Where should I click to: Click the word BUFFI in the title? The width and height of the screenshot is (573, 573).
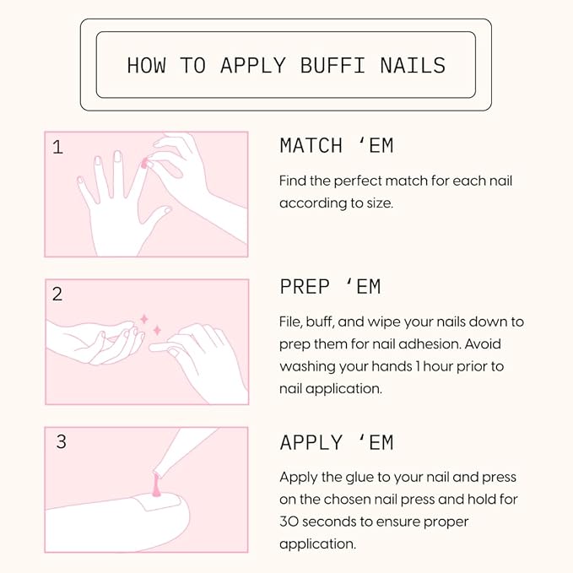coord(332,66)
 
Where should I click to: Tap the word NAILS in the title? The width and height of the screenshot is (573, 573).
coord(413,66)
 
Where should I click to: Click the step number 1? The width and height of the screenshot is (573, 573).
coord(57,148)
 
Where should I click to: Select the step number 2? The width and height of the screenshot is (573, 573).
coord(57,295)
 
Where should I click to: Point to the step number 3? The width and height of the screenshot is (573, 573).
coord(62,442)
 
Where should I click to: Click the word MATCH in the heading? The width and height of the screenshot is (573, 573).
coord(311,145)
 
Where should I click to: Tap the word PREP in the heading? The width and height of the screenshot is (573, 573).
coord(305,287)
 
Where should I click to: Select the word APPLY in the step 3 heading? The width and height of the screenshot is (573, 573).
coord(311,442)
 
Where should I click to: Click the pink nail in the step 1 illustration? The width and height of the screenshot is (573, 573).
coord(144,164)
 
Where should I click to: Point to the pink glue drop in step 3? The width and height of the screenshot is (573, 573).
coord(156,485)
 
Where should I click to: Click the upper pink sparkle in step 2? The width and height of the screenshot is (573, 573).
coord(144,319)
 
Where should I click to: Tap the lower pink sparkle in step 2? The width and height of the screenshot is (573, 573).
coord(157,330)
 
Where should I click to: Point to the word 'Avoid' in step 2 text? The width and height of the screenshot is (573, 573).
coord(483,344)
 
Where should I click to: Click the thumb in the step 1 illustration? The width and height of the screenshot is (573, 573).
coord(157,219)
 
